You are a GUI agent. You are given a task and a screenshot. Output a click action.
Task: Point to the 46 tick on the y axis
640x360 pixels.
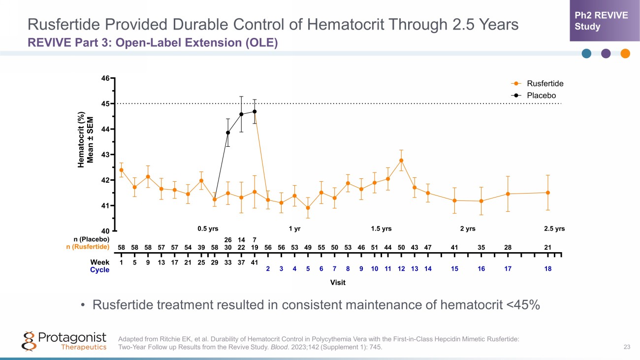106,78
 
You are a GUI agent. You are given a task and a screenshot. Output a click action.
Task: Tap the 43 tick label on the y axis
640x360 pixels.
106,155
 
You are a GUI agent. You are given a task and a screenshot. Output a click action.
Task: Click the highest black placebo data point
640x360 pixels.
255,111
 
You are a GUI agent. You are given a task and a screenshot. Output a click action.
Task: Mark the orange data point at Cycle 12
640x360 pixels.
401,161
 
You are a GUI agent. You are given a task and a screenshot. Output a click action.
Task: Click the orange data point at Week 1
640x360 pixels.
121,170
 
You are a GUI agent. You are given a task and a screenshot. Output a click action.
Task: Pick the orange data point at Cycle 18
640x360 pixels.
547,193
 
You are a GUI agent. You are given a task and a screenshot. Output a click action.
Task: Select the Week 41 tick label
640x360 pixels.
254,262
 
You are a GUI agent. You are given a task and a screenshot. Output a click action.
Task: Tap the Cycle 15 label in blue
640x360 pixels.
454,269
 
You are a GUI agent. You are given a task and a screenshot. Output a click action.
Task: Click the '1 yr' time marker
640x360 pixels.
294,229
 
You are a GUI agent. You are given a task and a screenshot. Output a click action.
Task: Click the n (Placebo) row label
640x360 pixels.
88,239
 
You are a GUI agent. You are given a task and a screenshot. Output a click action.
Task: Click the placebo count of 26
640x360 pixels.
227,239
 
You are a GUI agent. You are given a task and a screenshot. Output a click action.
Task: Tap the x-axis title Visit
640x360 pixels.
338,282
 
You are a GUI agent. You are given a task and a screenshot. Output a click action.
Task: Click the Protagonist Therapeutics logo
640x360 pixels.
64,341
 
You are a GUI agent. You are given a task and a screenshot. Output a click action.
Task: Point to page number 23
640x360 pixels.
627,347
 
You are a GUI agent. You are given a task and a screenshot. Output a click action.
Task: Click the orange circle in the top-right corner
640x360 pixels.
625,54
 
